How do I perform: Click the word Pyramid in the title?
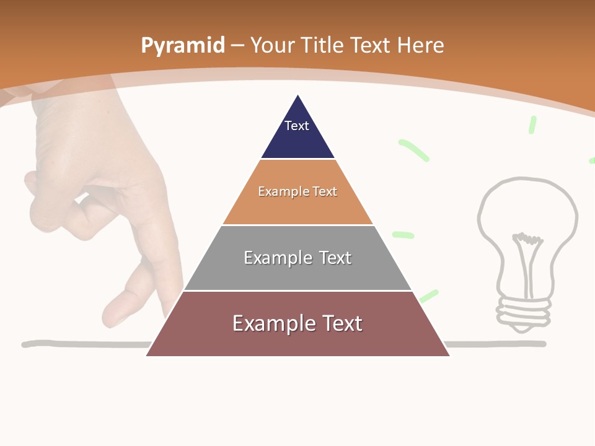pos(183,45)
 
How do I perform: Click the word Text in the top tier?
pos(297,126)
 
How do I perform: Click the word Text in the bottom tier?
pos(338,323)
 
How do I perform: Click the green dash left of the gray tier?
pos(403,235)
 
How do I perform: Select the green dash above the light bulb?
pos(532,125)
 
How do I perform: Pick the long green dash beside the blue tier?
pos(413,151)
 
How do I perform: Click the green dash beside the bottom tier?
pos(429,296)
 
